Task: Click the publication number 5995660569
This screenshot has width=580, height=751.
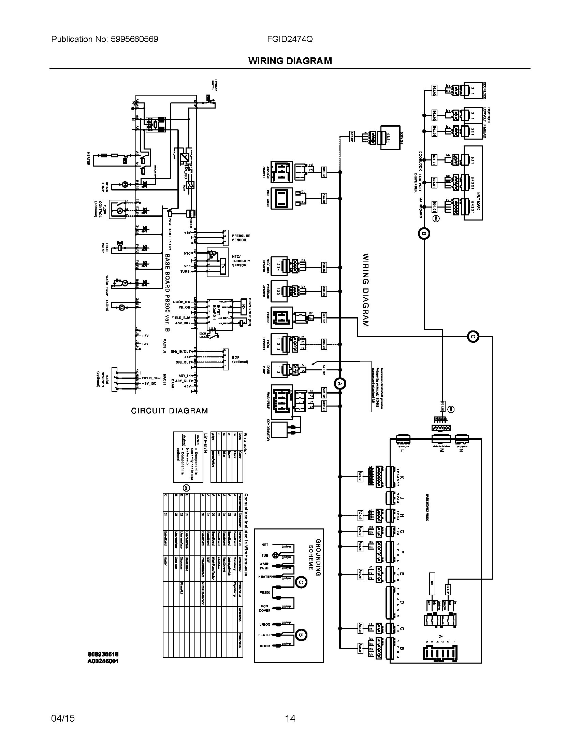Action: [x=134, y=39]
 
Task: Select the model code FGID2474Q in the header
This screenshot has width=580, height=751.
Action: [x=290, y=39]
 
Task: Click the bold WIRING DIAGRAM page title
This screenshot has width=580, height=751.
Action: [x=290, y=61]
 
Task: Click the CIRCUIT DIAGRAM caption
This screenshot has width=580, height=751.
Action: [x=170, y=411]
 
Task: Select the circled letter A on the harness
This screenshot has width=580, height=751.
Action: [x=340, y=383]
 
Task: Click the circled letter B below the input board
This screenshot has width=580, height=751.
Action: [x=424, y=234]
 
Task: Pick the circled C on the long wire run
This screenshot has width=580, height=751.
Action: [x=473, y=337]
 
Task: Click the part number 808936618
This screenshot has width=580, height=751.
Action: [x=103, y=654]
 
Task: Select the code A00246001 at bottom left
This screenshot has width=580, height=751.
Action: [x=103, y=661]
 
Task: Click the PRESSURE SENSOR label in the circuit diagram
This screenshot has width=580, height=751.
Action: [x=241, y=238]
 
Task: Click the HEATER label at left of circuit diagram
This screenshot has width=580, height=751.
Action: [x=88, y=159]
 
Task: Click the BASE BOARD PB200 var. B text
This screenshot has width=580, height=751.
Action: [x=167, y=293]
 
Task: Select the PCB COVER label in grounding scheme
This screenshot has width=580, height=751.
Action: [x=264, y=608]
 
